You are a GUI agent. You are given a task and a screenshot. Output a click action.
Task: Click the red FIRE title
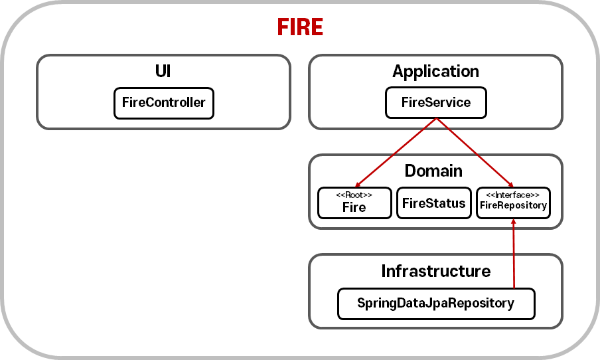pos(300,27)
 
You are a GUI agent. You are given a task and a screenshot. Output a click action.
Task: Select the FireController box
pos(164,103)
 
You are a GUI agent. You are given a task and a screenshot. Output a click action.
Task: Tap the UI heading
pos(163,71)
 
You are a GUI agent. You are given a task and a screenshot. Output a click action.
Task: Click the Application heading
pos(435,71)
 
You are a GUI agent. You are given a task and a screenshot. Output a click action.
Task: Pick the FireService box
pos(435,103)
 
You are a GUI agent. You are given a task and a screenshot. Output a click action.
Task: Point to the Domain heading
pos(433,171)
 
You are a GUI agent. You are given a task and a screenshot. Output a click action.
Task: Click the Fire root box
pos(354,203)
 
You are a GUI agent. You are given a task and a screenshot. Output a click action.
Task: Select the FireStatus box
pos(434,203)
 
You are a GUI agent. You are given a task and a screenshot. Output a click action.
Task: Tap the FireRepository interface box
pos(513,203)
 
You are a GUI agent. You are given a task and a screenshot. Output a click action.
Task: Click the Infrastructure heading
pos(435,271)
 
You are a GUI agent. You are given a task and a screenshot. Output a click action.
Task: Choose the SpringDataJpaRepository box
pos(435,304)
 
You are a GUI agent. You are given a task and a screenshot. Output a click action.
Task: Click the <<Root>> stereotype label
pos(354,195)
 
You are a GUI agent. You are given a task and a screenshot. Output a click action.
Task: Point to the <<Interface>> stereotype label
pos(513,195)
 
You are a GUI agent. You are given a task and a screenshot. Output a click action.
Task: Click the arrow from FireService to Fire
pos(396,153)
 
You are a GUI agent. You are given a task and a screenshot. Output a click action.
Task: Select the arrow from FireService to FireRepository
pos(475,153)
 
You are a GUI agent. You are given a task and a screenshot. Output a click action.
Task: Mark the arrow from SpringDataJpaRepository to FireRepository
pos(514,256)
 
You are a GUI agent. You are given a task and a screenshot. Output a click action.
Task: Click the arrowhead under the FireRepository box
pos(514,223)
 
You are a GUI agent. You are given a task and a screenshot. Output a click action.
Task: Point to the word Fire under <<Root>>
pos(354,207)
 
